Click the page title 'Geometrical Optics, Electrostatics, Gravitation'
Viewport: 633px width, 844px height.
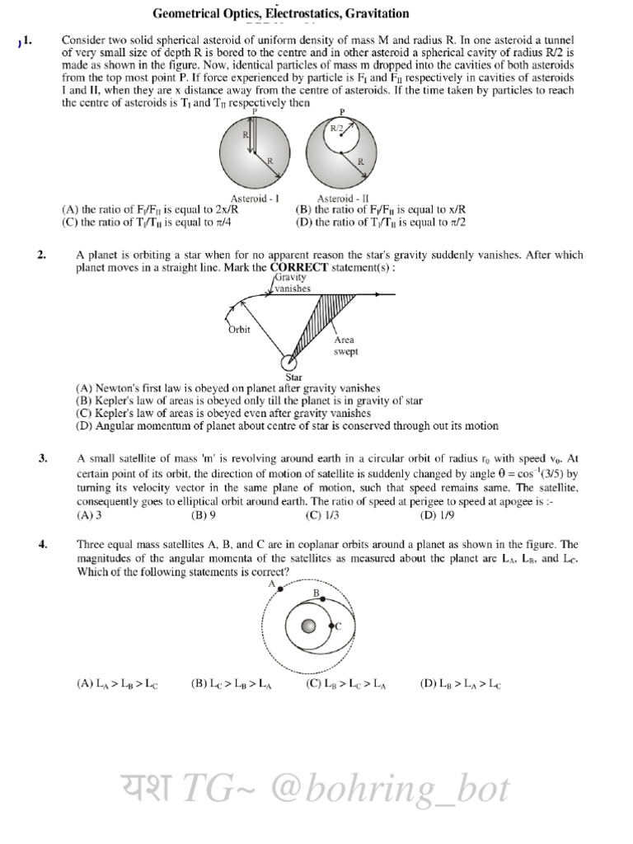point(280,14)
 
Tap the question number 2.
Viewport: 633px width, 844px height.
point(42,256)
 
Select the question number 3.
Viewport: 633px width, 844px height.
point(42,459)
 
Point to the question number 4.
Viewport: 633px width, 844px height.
point(42,545)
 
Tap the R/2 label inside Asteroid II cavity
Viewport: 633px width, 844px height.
point(337,129)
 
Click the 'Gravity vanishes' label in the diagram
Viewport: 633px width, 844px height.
point(293,284)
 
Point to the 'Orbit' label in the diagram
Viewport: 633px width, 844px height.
point(238,330)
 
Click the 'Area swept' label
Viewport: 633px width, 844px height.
point(345,345)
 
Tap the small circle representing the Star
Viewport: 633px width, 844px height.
point(289,363)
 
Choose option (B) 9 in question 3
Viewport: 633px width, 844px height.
point(204,516)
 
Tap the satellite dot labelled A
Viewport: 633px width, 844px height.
point(282,588)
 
